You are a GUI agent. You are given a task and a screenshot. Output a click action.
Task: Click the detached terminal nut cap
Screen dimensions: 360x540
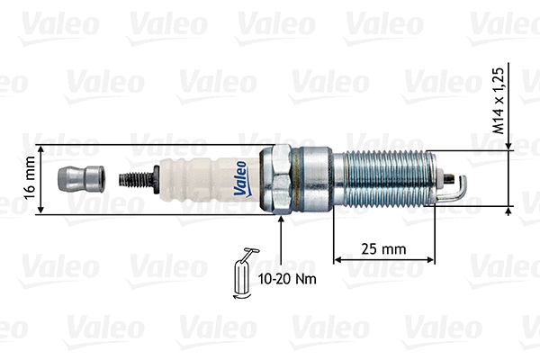tap(79, 179)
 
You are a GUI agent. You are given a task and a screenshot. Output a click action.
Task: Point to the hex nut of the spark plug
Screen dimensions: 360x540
tap(279, 178)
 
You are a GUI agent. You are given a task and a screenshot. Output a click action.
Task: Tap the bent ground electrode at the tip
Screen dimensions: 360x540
tap(459, 187)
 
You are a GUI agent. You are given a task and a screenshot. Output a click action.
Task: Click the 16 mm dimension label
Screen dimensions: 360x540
tap(30, 180)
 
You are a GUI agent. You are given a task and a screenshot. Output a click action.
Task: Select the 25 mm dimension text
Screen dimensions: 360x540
tap(383, 247)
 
